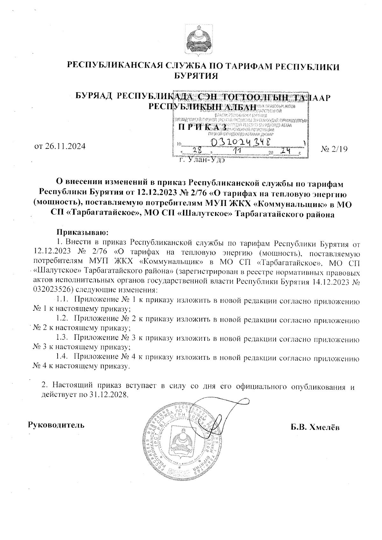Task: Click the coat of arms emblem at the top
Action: coord(197,40)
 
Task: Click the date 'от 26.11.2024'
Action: coord(60,147)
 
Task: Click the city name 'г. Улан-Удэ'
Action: coord(202,160)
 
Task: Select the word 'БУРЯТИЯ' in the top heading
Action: coord(196,76)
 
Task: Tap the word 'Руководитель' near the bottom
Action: coord(57,425)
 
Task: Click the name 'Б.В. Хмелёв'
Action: coord(315,427)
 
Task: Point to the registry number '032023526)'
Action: coord(52,290)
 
